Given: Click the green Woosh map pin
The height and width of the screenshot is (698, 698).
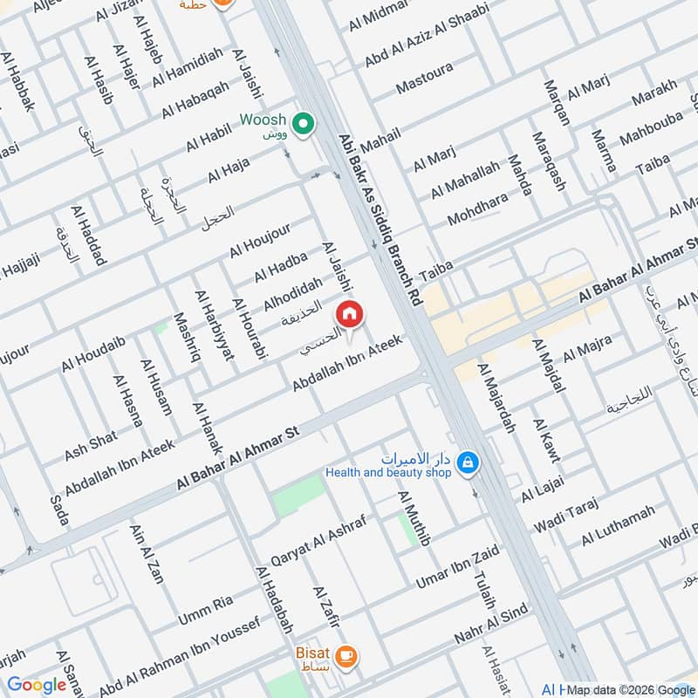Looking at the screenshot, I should (x=303, y=126).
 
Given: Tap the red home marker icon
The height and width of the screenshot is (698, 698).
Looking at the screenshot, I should (x=350, y=314).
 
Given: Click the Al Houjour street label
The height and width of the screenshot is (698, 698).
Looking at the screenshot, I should (x=259, y=240).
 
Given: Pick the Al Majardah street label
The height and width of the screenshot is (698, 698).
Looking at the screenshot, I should (x=497, y=398).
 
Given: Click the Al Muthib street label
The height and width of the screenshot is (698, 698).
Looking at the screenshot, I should (x=414, y=518).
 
